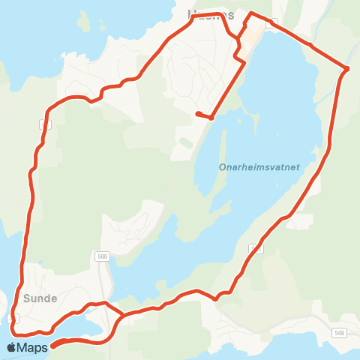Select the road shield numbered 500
click(103, 256)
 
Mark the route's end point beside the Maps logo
click(53, 346)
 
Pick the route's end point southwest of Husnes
click(197, 113)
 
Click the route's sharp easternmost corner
click(347, 69)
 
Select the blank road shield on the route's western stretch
click(45, 124)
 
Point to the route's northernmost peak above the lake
click(251, 13)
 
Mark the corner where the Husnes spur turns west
click(212, 117)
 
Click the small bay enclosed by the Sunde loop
click(94, 323)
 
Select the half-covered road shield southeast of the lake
click(257, 248)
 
